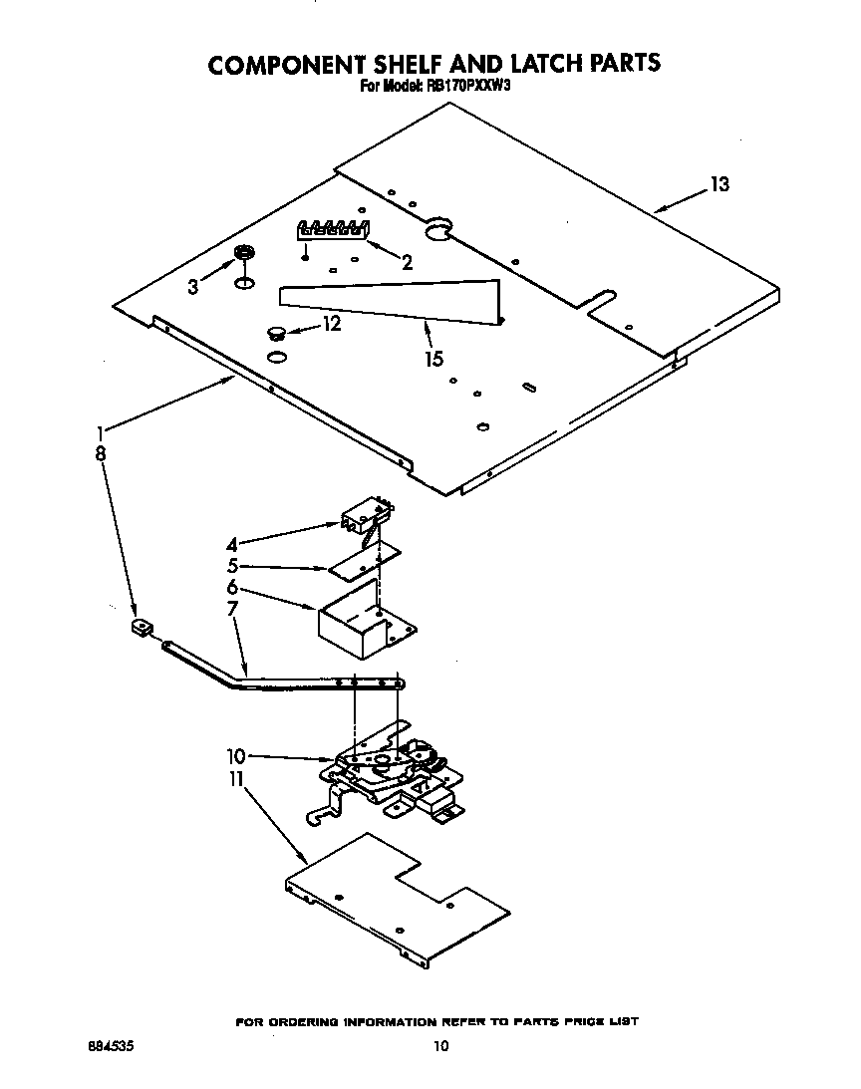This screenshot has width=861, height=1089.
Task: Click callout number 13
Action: point(719,184)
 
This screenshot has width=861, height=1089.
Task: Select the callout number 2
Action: point(407,263)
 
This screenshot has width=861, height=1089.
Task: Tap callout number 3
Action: point(193,287)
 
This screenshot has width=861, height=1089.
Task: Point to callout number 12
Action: point(332,324)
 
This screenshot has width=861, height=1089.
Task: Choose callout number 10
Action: point(235,756)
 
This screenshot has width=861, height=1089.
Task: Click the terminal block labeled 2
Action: point(333,230)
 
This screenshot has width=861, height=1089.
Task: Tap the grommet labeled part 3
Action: point(242,256)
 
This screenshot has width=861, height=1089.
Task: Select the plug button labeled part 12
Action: point(275,332)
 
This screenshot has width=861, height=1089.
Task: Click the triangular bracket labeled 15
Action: point(399,300)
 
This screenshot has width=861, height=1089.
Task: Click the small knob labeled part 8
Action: point(141,628)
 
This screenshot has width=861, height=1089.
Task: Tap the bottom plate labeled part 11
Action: point(399,897)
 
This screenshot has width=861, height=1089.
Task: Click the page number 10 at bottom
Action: point(440,1046)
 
